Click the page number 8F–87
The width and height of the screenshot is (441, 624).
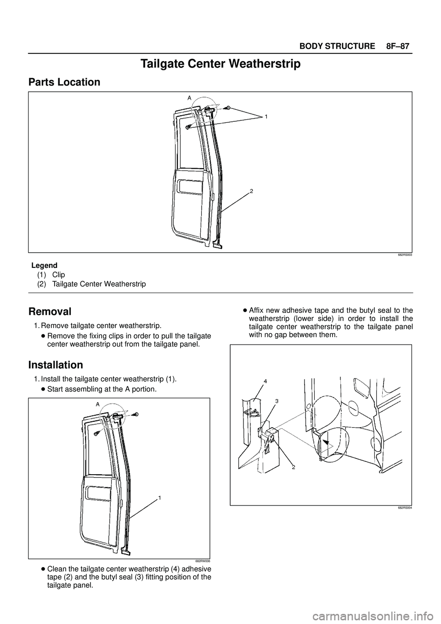(395, 46)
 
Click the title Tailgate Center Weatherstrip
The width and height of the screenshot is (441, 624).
(220, 64)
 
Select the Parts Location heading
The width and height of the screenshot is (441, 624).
(64, 82)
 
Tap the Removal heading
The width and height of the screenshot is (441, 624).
(50, 311)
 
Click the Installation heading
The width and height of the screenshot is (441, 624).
(56, 365)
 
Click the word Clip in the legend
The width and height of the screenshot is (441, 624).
(59, 274)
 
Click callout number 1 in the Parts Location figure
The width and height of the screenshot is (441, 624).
(266, 117)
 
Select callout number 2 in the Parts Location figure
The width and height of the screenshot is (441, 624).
(252, 190)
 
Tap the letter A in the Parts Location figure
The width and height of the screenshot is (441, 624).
(189, 97)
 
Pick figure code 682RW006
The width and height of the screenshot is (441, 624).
(203, 561)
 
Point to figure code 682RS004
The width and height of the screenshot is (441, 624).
(404, 508)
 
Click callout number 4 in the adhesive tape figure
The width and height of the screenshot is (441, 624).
(266, 381)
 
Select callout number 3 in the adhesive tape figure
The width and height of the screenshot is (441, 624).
(277, 401)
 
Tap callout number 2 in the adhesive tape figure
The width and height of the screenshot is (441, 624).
(293, 467)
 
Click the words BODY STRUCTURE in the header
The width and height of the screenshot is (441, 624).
(337, 46)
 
